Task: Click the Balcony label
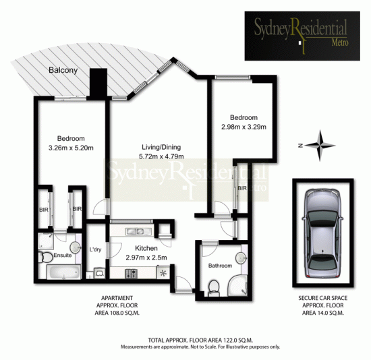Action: pos(63,69)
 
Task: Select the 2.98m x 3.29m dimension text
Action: pos(244,126)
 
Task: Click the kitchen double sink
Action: pos(134,232)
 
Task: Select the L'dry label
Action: pos(95,251)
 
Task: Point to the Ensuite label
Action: pos(63,256)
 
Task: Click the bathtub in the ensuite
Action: pos(61,273)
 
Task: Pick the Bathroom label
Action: pos(220,266)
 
